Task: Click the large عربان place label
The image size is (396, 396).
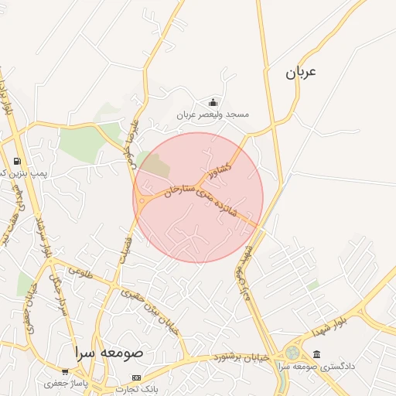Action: (301, 73)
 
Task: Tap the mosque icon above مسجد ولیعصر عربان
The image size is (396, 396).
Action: (213, 103)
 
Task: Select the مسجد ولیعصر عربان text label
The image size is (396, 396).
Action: (213, 114)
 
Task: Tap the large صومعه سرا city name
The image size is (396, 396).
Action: (109, 352)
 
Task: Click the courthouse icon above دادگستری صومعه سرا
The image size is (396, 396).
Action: (317, 354)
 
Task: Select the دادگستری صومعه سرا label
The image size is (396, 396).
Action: (319, 366)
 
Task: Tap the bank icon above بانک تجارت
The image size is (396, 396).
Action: (136, 377)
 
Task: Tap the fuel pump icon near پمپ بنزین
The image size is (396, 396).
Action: (17, 161)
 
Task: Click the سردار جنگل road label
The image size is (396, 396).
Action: (56, 289)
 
